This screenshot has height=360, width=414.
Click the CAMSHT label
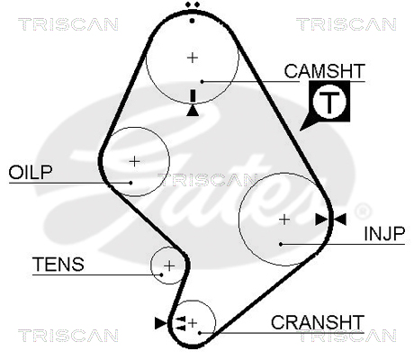(x=325, y=71)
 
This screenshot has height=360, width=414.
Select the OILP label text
(x=31, y=172)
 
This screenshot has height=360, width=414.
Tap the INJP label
(x=384, y=234)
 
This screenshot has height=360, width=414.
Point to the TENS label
(x=58, y=265)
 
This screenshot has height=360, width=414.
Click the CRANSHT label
(x=318, y=322)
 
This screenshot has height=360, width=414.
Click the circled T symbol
(x=329, y=102)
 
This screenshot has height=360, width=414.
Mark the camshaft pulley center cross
(x=193, y=58)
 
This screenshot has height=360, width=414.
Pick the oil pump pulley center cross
(x=134, y=161)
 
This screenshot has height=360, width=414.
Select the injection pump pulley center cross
(x=284, y=220)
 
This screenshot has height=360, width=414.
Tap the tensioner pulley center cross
(x=169, y=265)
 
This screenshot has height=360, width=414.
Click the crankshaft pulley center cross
(x=193, y=323)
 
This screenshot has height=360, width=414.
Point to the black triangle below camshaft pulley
(x=193, y=111)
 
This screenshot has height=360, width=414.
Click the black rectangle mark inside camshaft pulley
(x=193, y=95)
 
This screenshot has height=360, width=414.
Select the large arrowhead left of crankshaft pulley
(x=161, y=323)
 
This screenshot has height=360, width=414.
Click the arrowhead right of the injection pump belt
(x=340, y=220)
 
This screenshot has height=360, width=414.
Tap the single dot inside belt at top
(x=193, y=21)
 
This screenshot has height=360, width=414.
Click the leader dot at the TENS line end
(x=161, y=274)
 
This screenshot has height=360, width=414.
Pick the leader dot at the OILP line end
(x=130, y=183)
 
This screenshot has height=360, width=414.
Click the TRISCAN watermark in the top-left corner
(x=68, y=24)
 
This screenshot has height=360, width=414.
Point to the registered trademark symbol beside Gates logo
(x=363, y=211)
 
